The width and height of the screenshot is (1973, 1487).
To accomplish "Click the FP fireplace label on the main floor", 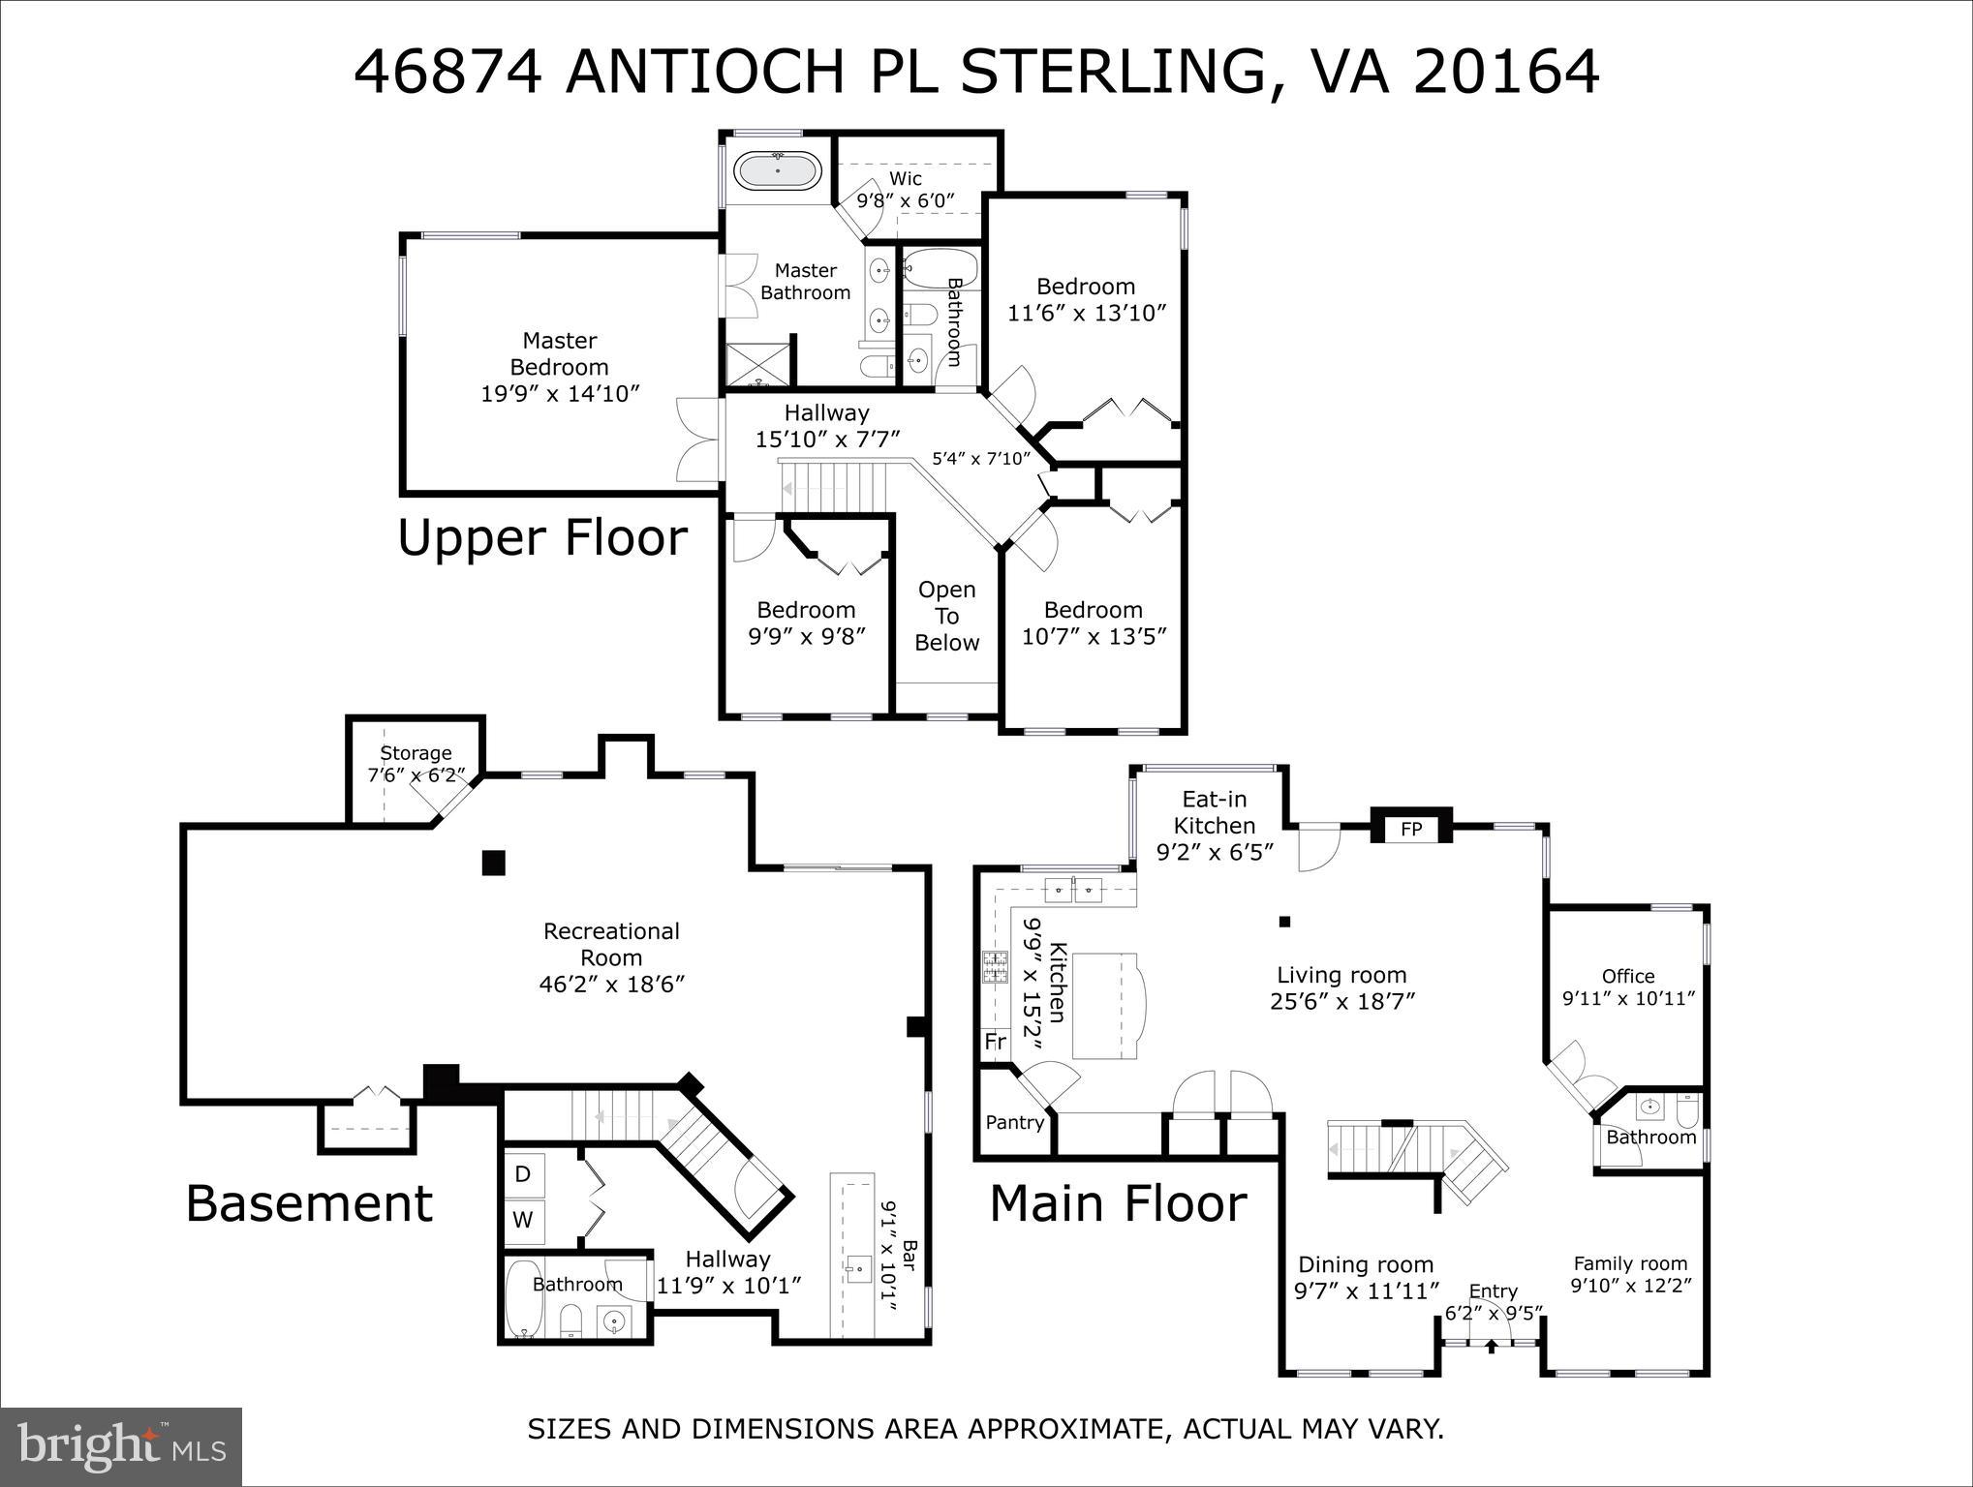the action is point(1411,829).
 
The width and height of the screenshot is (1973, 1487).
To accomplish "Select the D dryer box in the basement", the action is point(523,1174).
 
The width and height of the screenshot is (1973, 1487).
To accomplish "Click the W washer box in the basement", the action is point(523,1220).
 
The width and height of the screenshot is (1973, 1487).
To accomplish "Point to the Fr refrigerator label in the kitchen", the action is point(996,1042).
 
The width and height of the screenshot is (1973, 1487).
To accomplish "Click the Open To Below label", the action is point(947,616).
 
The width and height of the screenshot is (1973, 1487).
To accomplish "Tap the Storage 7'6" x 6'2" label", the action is point(416,764).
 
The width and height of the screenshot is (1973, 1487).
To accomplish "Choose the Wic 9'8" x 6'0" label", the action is point(906,190).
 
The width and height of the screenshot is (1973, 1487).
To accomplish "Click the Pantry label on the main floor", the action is point(1014,1122).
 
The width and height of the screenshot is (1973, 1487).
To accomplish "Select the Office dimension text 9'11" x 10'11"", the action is point(1628,997).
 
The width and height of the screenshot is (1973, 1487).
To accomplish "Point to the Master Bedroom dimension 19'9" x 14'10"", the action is point(561,394).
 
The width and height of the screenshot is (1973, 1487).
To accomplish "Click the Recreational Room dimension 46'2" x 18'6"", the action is point(612,985).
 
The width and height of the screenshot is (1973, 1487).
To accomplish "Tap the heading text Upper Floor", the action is point(542,537).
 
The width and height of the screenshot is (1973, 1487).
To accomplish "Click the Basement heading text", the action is point(309,1203).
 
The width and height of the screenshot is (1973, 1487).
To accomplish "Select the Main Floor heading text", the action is point(1118,1203).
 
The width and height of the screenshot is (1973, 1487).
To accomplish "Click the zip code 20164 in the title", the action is point(1506,72).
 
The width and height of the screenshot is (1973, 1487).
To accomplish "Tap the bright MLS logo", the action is point(121,1445).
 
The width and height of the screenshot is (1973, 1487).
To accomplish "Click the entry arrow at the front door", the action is point(1492,1345).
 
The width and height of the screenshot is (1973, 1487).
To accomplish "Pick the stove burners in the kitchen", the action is point(995,967).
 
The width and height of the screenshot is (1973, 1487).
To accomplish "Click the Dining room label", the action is point(1366,1264).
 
